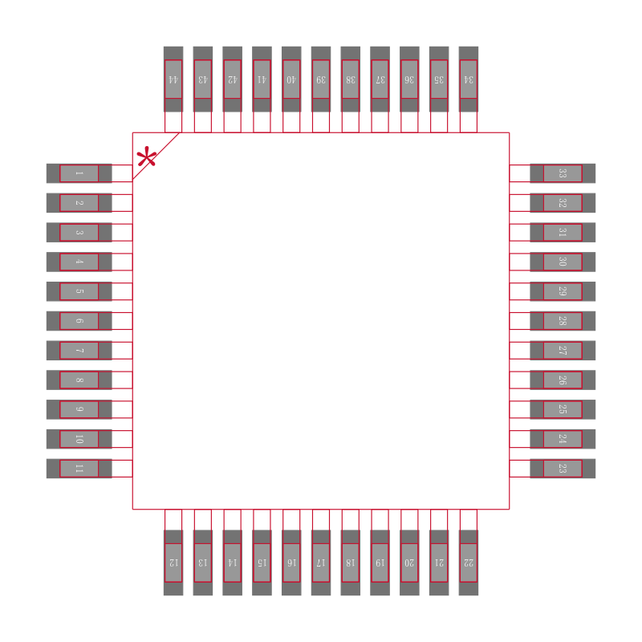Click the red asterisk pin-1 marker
pyautogui.click(x=146, y=158)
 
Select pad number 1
pyautogui.click(x=79, y=173)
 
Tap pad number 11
pyautogui.click(x=79, y=469)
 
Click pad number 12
pyautogui.click(x=173, y=563)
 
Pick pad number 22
pyautogui.click(x=469, y=563)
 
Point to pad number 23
pyautogui.click(x=563, y=469)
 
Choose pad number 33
pyautogui.click(x=563, y=173)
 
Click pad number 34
pyautogui.click(x=469, y=79)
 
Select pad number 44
pyautogui.click(x=173, y=79)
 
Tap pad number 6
pyautogui.click(x=79, y=321)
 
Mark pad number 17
pyautogui.click(x=321, y=563)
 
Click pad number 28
pyautogui.click(x=563, y=321)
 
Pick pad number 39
pyautogui.click(x=321, y=79)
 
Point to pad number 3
pyautogui.click(x=79, y=233)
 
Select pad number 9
pyautogui.click(x=79, y=409)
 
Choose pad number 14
pyautogui.click(x=233, y=563)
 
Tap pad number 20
pyautogui.click(x=409, y=563)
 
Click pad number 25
pyautogui.click(x=563, y=409)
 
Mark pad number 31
pyautogui.click(x=563, y=233)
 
